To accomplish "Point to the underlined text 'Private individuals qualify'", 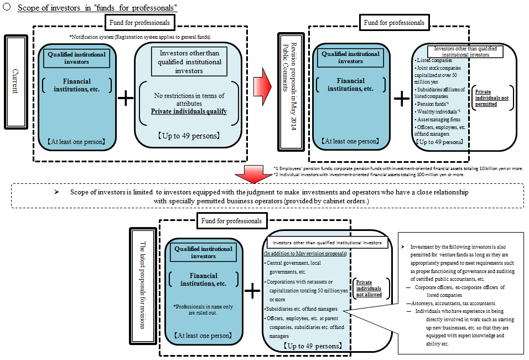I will (189, 111).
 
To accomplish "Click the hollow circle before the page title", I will (6, 8).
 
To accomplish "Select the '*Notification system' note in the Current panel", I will (139, 37).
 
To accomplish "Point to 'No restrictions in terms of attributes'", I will (189, 100).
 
